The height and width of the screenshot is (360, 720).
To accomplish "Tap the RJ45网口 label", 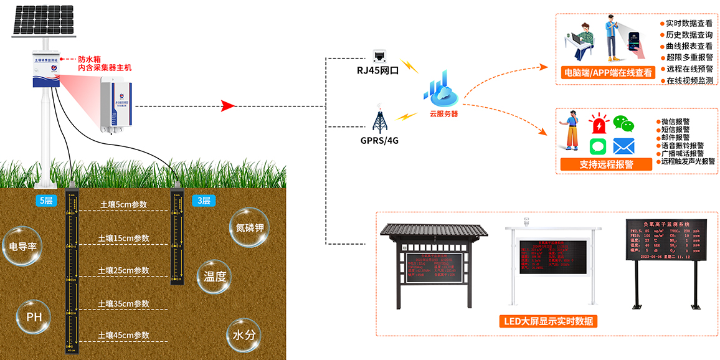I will [x=377, y=70].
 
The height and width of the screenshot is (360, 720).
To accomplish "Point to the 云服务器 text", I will [x=443, y=114].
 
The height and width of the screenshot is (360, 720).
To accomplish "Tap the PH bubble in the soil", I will [x=34, y=317].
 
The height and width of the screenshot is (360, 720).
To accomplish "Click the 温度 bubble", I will [x=214, y=277].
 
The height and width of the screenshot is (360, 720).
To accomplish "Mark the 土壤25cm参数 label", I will [x=124, y=271].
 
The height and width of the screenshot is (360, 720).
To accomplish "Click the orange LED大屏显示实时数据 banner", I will [x=548, y=321].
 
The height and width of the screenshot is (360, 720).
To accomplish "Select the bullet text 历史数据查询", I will [x=689, y=35].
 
